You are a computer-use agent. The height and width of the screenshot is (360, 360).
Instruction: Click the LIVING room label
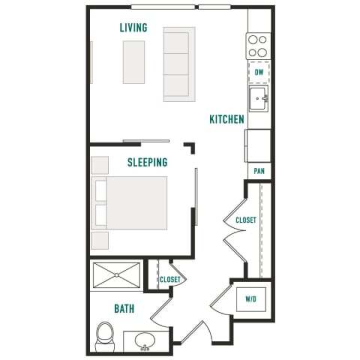(133, 28)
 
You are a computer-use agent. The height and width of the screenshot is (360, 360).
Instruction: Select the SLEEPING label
(147, 162)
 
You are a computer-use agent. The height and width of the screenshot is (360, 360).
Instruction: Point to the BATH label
(124, 308)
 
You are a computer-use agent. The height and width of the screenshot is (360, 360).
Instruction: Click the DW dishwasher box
(259, 72)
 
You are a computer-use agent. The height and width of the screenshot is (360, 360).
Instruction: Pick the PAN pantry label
(259, 172)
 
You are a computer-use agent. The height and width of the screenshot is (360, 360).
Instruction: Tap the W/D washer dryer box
(250, 299)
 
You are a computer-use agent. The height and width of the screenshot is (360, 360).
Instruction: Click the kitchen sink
(259, 97)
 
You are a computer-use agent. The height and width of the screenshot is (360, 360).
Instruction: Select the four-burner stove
(259, 46)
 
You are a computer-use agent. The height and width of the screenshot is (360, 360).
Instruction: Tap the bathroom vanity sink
(145, 341)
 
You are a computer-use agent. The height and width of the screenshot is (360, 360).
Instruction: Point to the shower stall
(116, 275)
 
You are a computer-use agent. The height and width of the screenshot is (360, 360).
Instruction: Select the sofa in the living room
(179, 64)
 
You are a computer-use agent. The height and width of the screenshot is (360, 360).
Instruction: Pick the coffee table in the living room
(134, 61)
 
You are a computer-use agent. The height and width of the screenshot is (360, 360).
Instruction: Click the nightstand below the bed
(100, 240)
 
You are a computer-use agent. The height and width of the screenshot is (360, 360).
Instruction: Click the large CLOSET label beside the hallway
(246, 220)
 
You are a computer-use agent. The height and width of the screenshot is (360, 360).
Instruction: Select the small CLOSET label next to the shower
(169, 280)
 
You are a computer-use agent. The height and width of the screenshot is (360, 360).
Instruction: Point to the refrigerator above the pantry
(258, 145)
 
